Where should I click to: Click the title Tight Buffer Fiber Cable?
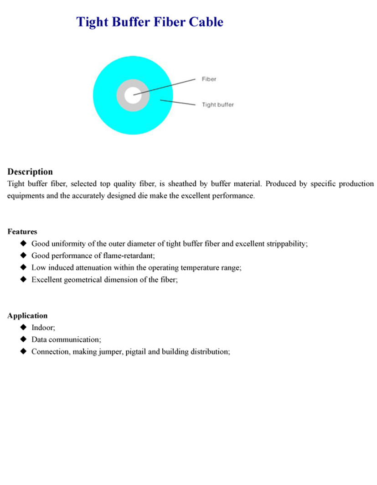coord(150,22)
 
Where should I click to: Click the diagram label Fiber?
coord(209,79)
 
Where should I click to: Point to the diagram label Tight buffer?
coord(217,104)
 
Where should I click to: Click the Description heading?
coord(30,172)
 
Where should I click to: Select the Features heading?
coord(22,231)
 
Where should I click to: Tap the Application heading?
coord(27,315)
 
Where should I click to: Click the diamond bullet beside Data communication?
coord(23,339)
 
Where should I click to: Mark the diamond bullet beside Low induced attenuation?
coord(23,267)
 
